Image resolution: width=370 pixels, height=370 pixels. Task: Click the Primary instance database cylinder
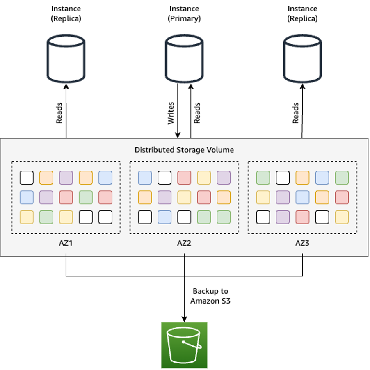pyautogui.click(x=184, y=59)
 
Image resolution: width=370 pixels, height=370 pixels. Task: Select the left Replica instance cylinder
pyautogui.click(x=66, y=59)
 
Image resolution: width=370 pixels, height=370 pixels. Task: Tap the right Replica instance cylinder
pyautogui.click(x=302, y=59)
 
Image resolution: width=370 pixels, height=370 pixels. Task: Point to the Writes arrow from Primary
pyautogui.click(x=178, y=111)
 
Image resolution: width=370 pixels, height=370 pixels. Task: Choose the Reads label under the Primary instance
pyautogui.click(x=197, y=113)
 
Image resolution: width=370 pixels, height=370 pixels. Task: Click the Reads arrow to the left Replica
pyautogui.click(x=66, y=111)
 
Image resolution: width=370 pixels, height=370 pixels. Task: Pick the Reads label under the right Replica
pyautogui.click(x=296, y=113)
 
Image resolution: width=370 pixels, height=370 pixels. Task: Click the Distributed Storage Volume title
pyautogui.click(x=184, y=150)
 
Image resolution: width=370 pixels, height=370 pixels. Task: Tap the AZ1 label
pyautogui.click(x=66, y=243)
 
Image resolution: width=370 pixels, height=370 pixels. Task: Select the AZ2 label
pyautogui.click(x=184, y=243)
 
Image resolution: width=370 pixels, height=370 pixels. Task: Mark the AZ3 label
pyautogui.click(x=302, y=243)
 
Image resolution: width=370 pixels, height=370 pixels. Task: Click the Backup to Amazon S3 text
pyautogui.click(x=210, y=296)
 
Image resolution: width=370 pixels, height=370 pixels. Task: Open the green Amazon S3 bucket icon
pyautogui.click(x=184, y=345)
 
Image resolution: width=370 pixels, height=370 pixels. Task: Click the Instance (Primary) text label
pyautogui.click(x=184, y=14)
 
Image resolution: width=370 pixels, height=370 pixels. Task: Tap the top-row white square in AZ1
pyautogui.click(x=27, y=178)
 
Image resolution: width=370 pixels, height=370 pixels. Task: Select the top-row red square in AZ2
pyautogui.click(x=184, y=178)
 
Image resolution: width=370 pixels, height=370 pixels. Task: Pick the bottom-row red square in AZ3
pyautogui.click(x=302, y=217)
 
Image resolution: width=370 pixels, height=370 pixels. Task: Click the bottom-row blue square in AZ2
pyautogui.click(x=164, y=217)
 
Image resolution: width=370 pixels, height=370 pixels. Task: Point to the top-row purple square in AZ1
pyautogui.click(x=66, y=178)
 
